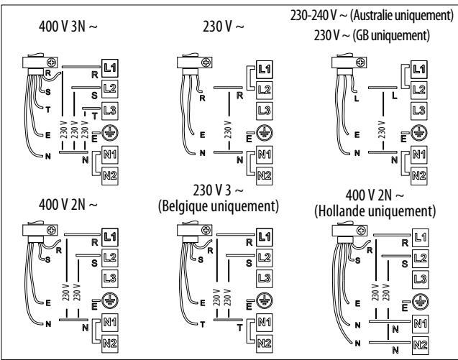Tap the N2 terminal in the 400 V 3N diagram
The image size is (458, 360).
[x=111, y=174]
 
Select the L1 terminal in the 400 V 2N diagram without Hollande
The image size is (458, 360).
[x=111, y=236]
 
